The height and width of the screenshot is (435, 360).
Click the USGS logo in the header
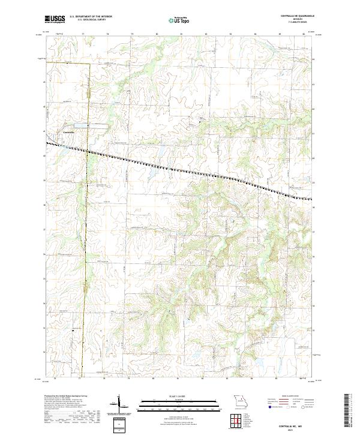pos(54,20)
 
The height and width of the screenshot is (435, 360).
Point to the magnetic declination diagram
pos(120,406)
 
